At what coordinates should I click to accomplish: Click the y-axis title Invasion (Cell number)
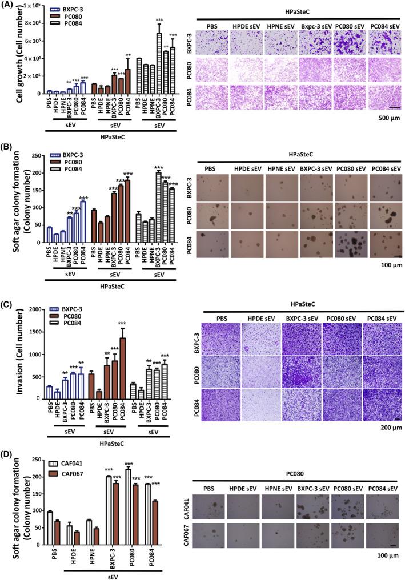[x=11, y=354]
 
